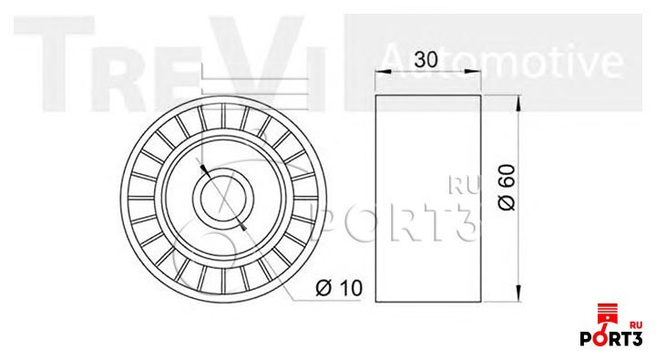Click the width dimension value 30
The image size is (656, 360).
425,59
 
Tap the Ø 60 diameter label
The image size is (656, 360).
507,187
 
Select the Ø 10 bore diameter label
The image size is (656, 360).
339,288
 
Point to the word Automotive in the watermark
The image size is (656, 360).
503,62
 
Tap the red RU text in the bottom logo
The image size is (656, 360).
636,324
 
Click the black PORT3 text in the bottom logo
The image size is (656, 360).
610,338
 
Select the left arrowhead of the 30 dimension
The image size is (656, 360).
383,72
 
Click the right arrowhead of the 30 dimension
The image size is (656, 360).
474,72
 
